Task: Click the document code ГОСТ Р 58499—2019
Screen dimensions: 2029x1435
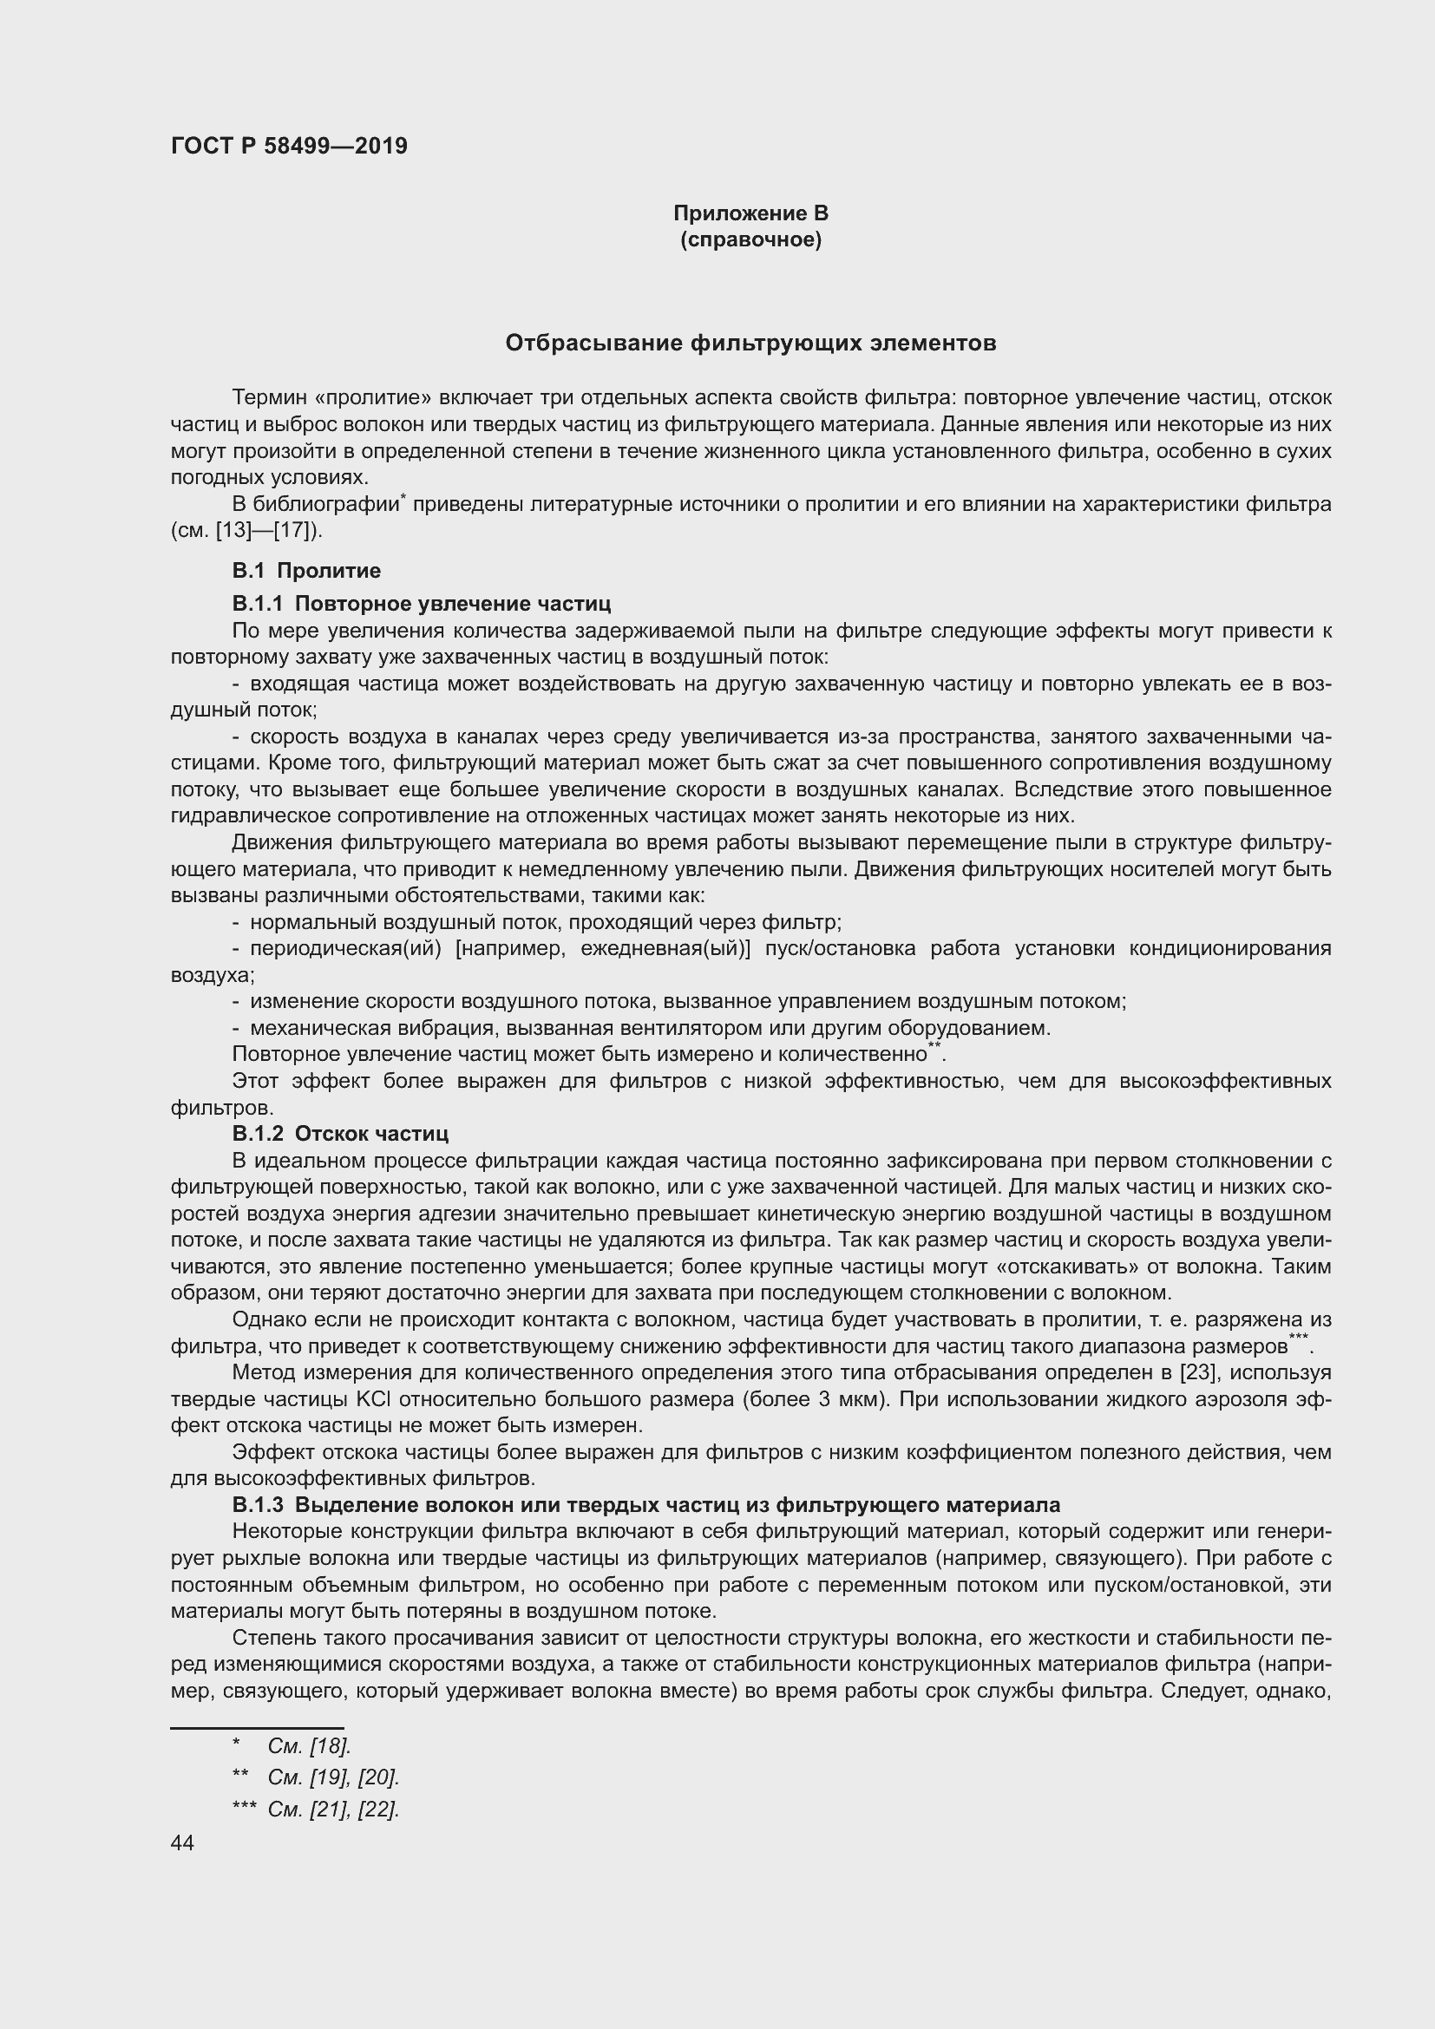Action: pos(289,146)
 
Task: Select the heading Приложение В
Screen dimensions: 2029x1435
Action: pos(750,213)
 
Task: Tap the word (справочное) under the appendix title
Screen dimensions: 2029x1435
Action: pos(750,240)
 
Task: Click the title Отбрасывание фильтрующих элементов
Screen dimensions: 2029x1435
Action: pos(750,343)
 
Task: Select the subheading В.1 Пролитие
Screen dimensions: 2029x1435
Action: pos(305,571)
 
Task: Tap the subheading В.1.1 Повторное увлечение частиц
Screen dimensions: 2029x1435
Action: pos(421,604)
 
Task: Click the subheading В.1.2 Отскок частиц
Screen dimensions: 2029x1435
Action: pos(340,1134)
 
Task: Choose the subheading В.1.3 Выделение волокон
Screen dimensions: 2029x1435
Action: pos(645,1505)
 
